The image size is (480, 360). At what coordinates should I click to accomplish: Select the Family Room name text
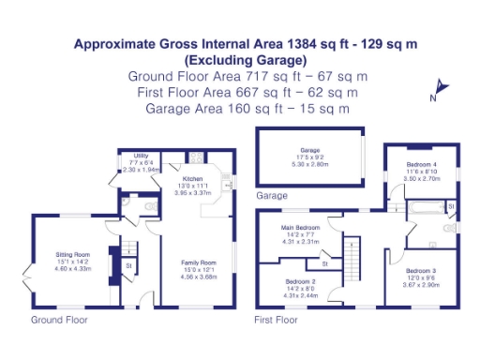point(198,262)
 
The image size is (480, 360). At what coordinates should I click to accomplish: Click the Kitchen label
point(193,178)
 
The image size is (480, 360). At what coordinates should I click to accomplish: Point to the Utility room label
point(142,156)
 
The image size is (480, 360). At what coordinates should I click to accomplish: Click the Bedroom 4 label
point(418,164)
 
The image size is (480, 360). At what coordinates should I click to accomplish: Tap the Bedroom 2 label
point(301,281)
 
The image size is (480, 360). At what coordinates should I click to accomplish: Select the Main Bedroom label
point(301,228)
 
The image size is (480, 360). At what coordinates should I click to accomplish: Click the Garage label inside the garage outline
point(309,150)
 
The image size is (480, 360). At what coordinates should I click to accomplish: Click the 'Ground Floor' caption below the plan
point(59,320)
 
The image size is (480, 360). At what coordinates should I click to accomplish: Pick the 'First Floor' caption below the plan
point(277,320)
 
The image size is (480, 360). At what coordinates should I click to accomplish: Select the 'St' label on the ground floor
point(128,266)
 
